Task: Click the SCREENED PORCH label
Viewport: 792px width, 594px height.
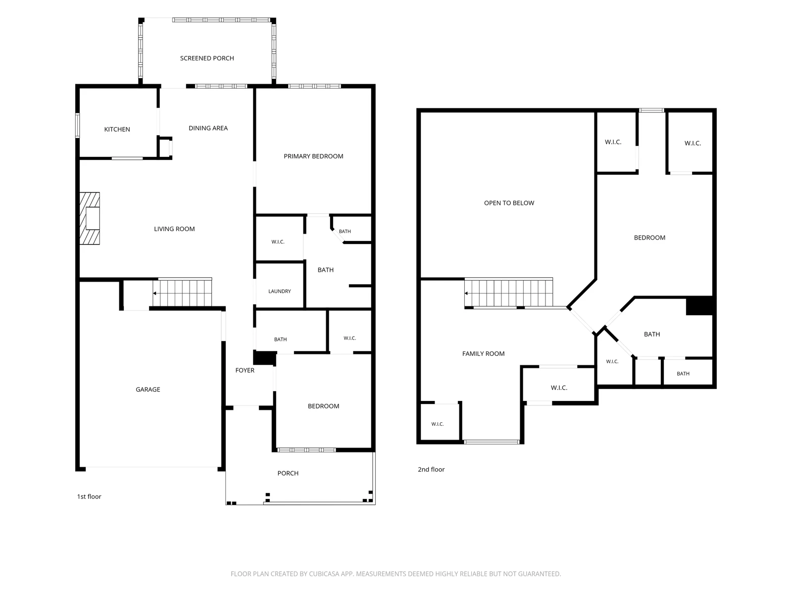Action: (207, 58)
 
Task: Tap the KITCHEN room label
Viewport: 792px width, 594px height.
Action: (117, 129)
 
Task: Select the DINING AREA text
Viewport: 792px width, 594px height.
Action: (208, 128)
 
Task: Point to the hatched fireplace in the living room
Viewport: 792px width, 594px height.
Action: (90, 218)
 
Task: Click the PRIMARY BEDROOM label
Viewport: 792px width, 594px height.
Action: (313, 156)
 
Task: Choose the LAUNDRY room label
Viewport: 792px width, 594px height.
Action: (279, 291)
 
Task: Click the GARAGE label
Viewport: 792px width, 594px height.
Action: (148, 389)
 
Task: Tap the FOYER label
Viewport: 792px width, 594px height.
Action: (245, 370)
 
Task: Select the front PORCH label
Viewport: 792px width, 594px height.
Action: (288, 473)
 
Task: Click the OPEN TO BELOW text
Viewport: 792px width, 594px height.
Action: (509, 203)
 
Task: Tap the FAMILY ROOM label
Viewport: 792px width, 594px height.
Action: (483, 353)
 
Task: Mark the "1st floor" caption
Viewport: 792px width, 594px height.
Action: (89, 496)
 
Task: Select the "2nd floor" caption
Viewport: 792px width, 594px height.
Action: (431, 469)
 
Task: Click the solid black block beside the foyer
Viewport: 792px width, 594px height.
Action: (264, 358)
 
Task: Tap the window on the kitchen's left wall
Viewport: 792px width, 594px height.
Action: (77, 125)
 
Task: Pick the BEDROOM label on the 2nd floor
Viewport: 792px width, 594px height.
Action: (649, 237)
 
